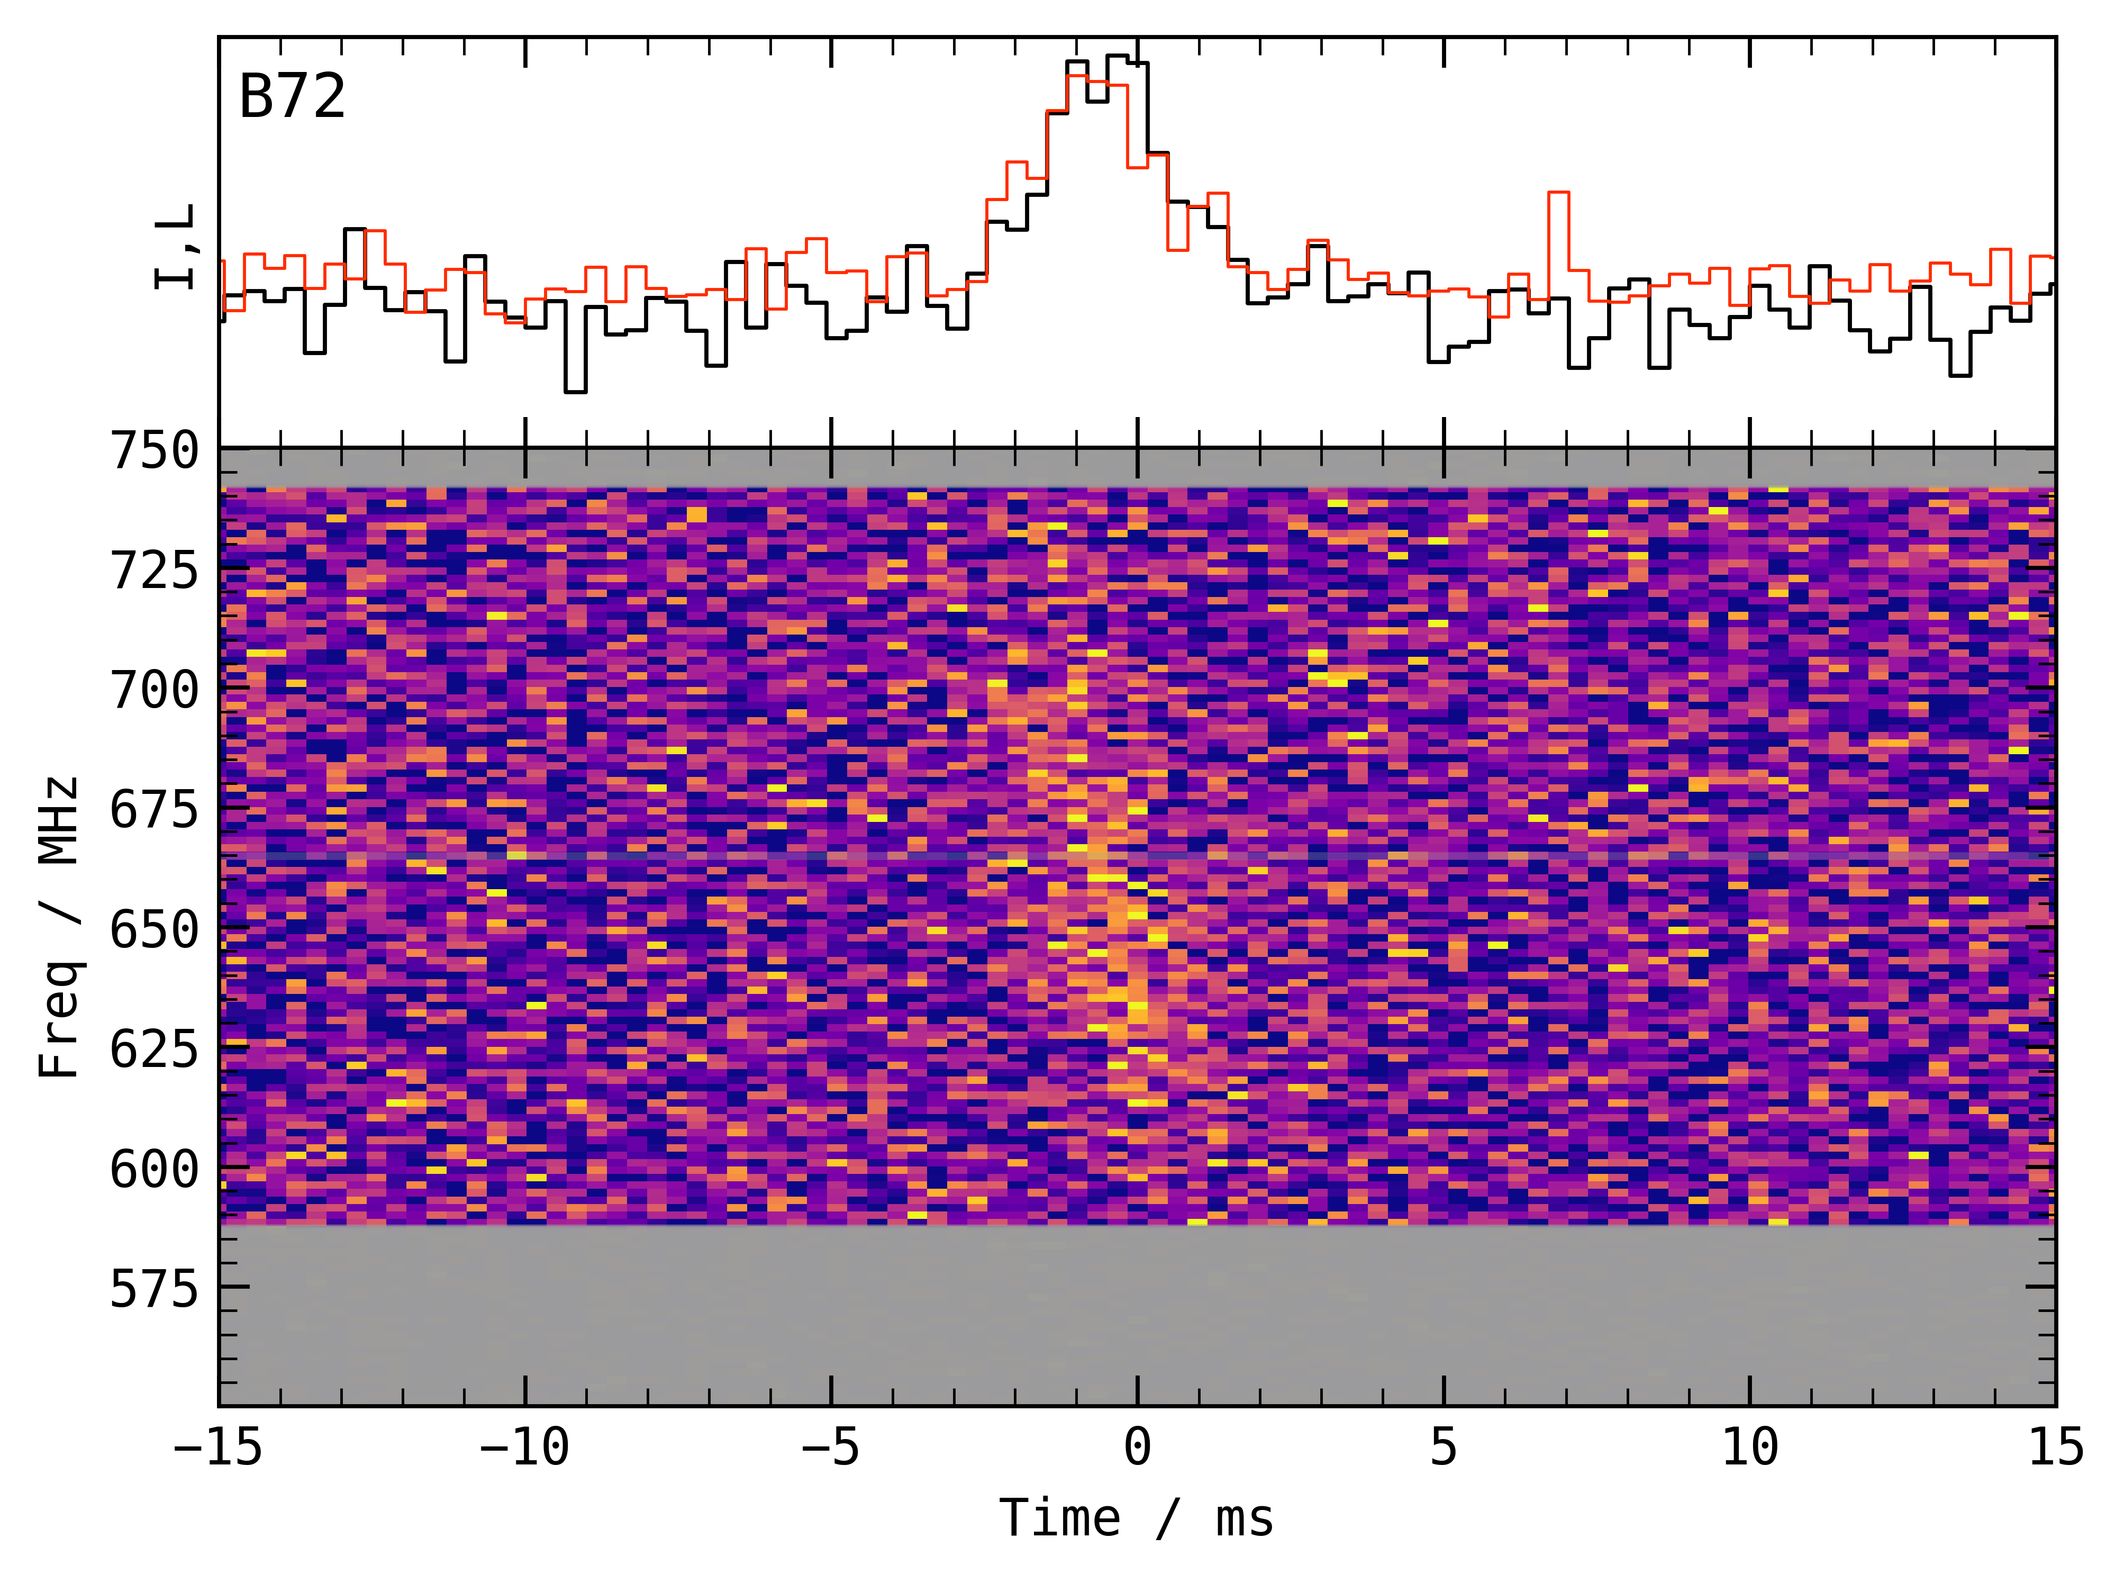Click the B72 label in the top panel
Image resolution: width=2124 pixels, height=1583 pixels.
coord(292,97)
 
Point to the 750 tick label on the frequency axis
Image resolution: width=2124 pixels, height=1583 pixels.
coord(155,450)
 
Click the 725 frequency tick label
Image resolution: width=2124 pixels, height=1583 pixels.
coord(155,571)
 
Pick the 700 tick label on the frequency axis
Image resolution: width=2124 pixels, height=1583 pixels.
coord(155,690)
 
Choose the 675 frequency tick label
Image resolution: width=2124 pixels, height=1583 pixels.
coord(155,811)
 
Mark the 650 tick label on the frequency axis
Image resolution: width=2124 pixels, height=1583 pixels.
coord(155,929)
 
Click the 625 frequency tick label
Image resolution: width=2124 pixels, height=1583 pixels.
coord(155,1050)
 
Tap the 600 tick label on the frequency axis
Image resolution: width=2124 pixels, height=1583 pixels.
coord(155,1169)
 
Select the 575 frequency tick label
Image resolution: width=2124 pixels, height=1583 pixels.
coord(155,1289)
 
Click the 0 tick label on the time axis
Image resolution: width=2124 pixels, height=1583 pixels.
coord(1137,1447)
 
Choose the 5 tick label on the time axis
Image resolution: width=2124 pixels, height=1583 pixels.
coord(1444,1447)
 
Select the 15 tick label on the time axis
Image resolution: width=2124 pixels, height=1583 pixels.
coord(2056,1447)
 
